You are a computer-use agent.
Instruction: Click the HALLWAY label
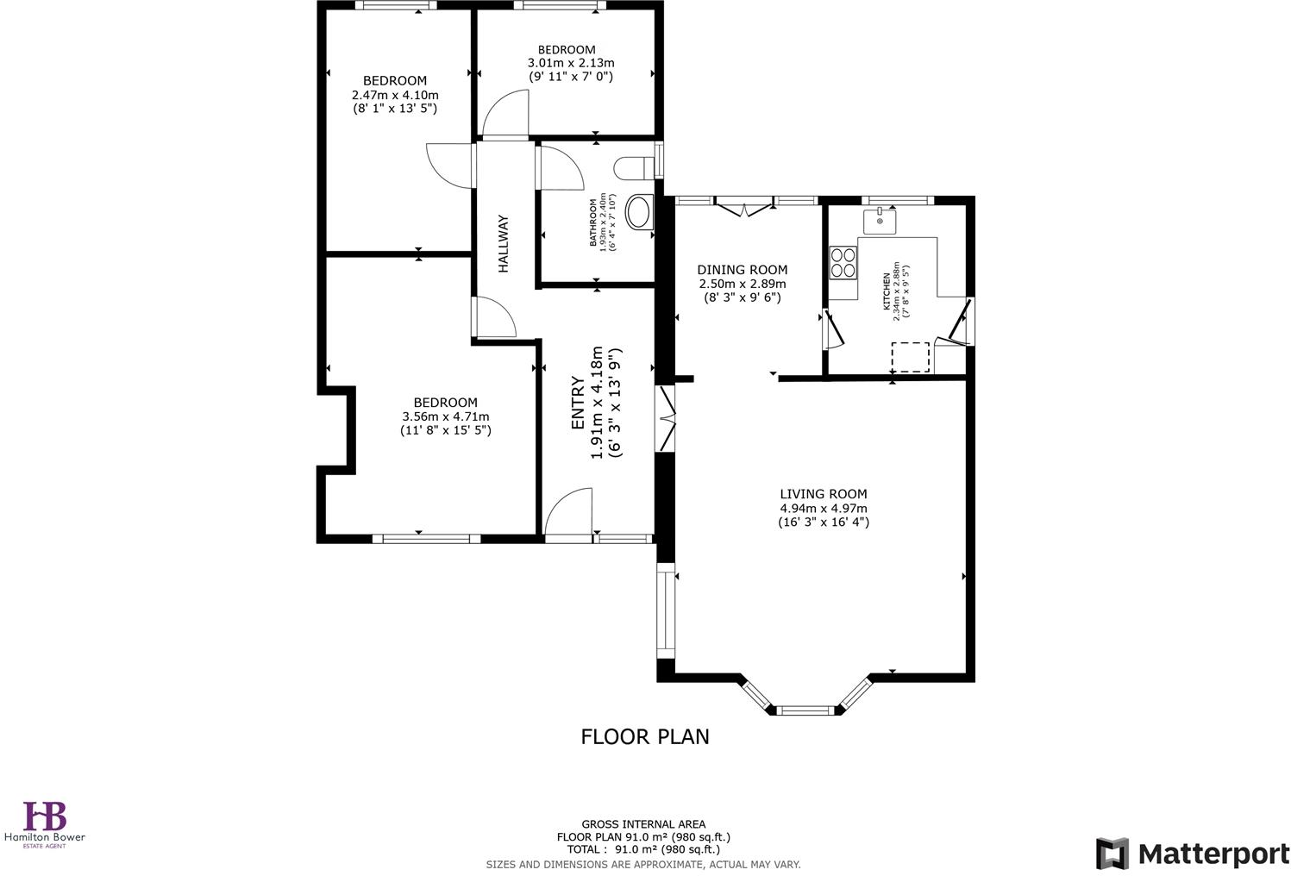point(504,244)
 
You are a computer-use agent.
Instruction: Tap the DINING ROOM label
point(742,270)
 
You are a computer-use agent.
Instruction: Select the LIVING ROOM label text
point(823,494)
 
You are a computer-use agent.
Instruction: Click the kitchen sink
point(880,221)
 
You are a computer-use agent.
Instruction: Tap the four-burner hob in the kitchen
point(843,262)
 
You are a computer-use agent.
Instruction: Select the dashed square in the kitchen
point(910,357)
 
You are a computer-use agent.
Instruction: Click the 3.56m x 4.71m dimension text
point(445,416)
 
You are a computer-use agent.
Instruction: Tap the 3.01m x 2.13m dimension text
point(570,63)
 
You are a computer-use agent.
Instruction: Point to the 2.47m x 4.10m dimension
point(395,95)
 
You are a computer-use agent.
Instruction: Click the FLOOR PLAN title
point(644,736)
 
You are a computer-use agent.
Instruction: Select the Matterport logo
point(1193,854)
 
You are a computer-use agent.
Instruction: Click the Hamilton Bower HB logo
point(45,816)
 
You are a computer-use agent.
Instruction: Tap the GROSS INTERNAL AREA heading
point(643,824)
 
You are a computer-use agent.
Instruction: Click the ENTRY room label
point(578,403)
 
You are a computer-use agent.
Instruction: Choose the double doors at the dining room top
point(743,205)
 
